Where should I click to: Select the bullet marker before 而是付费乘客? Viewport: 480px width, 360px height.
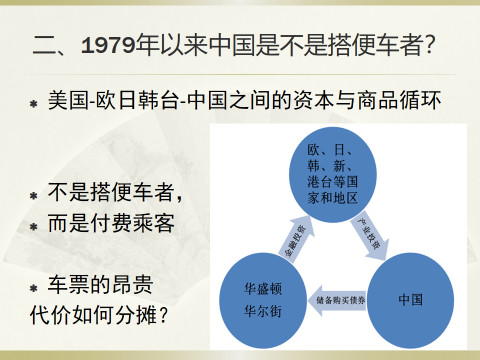coord(33,225)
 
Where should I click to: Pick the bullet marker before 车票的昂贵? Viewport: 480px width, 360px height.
coord(33,284)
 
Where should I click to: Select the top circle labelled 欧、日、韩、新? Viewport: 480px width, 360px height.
coord(332,175)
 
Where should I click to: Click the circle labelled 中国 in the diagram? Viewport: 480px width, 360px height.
coord(409,299)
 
